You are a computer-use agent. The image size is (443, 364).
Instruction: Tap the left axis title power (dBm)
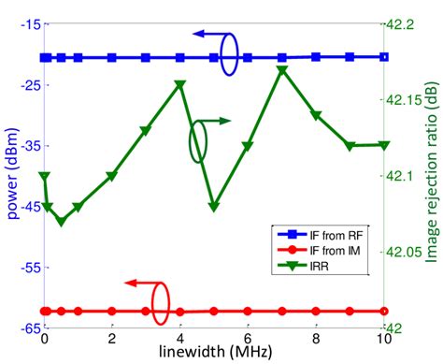pos(11,177)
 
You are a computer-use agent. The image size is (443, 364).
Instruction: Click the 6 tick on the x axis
pos(248,338)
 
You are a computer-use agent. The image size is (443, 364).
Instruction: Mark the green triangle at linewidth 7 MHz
pos(282,71)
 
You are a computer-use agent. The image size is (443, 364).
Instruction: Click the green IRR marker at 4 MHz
pos(179,85)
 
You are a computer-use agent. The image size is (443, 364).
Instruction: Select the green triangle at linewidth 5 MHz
pos(214,206)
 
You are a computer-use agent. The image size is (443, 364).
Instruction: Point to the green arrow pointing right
pos(219,121)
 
